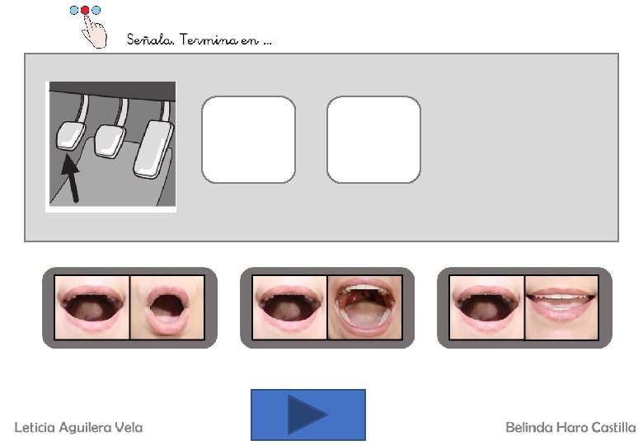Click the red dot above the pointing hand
pyautogui.click(x=85, y=10)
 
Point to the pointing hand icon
pyautogui.click(x=94, y=31)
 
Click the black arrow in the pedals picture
pyautogui.click(x=71, y=179)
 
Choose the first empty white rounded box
pyautogui.click(x=248, y=140)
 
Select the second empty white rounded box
pyautogui.click(x=374, y=140)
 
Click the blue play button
pyautogui.click(x=308, y=415)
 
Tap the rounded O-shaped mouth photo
pyautogui.click(x=167, y=307)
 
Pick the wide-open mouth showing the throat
pyautogui.click(x=364, y=307)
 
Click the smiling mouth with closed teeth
pyautogui.click(x=561, y=307)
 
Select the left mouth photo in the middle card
pyautogui.click(x=289, y=307)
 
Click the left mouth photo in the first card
pyautogui.click(x=92, y=307)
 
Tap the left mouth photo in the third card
pyautogui.click(x=486, y=307)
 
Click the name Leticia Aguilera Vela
pyautogui.click(x=79, y=428)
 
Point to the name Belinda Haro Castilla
pyautogui.click(x=570, y=428)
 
